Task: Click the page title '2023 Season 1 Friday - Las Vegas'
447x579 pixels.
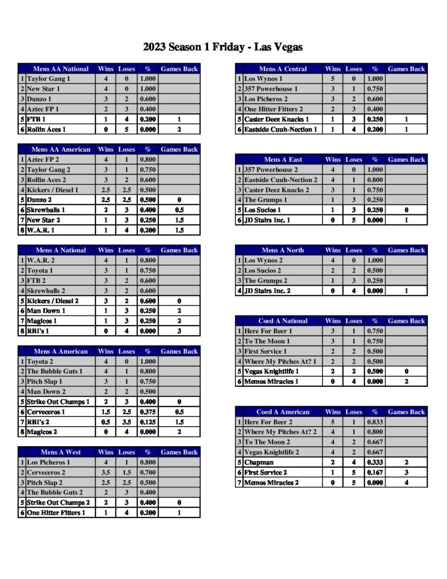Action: (x=223, y=47)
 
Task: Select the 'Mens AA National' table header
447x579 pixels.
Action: (x=60, y=69)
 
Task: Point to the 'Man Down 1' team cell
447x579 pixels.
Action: (x=46, y=311)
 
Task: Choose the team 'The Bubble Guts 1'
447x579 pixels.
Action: (x=55, y=371)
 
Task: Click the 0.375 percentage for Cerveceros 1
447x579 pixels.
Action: (x=147, y=412)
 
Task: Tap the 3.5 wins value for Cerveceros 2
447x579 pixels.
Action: (x=106, y=473)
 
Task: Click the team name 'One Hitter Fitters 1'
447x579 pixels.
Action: (x=57, y=513)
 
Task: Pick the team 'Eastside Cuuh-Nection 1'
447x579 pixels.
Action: (x=280, y=129)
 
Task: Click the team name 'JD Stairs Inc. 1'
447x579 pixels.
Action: (x=270, y=220)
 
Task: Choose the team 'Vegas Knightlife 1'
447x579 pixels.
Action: (x=272, y=371)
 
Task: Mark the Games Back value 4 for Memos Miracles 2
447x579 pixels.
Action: (x=406, y=483)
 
